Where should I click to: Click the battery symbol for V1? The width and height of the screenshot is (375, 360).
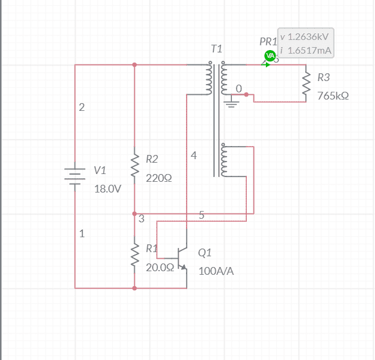[75, 176]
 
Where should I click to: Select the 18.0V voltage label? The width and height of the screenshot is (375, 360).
[107, 189]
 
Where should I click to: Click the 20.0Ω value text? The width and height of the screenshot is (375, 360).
[160, 267]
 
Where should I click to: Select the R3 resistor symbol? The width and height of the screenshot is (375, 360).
[306, 84]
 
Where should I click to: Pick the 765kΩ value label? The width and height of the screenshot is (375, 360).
[333, 95]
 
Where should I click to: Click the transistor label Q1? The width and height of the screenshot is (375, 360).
[204, 252]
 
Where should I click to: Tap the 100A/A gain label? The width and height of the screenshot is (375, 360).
[216, 271]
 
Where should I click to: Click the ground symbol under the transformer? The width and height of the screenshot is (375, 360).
[231, 105]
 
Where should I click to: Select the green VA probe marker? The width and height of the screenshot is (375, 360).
[269, 57]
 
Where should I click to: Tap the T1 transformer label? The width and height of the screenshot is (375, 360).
[216, 48]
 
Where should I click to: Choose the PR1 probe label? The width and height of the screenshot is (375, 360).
[268, 42]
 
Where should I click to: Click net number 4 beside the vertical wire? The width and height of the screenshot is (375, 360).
[194, 156]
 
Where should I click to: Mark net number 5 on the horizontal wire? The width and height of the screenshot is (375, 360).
[202, 215]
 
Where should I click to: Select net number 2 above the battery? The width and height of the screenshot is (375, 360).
[82, 108]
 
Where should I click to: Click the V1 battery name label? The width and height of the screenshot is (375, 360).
[100, 170]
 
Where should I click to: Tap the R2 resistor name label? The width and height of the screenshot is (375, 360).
[152, 159]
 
